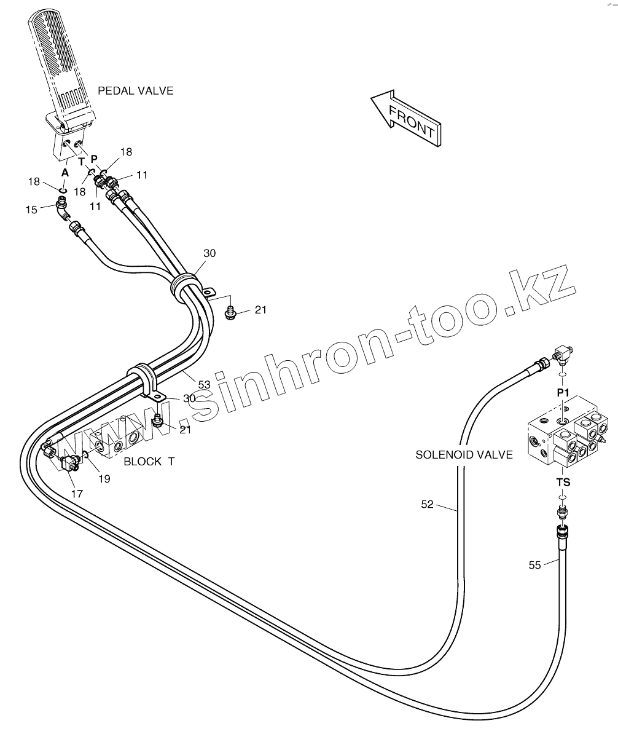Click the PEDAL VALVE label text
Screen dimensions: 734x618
point(136,91)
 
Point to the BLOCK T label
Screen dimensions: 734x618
point(149,461)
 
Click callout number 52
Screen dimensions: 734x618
point(427,505)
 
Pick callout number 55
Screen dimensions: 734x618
point(535,565)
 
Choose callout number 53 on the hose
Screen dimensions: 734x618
point(204,384)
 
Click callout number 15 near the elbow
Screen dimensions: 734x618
point(31,210)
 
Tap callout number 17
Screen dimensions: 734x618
point(77,493)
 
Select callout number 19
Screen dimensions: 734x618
point(104,479)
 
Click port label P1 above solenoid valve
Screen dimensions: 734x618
point(563,392)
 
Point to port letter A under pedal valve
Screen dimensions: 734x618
point(65,173)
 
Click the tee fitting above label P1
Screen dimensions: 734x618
point(562,354)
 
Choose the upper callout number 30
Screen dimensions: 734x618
point(209,253)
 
